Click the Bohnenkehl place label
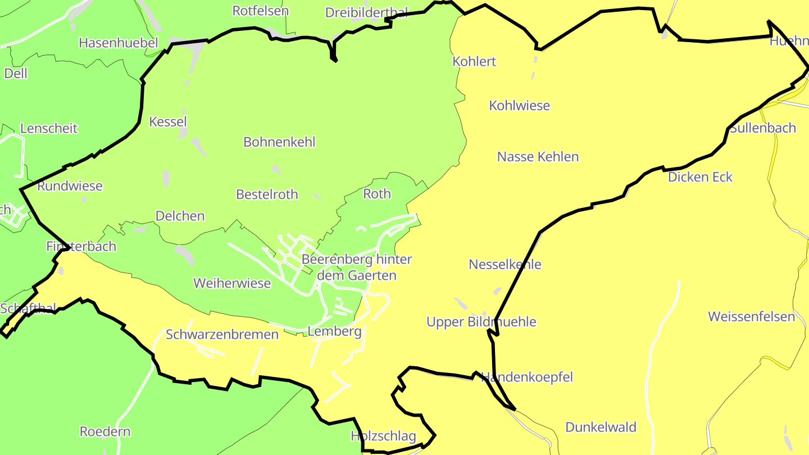coord(279,142)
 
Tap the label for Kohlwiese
coord(519,106)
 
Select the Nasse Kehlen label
coord(538,157)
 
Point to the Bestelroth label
coord(267,194)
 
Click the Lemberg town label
coord(334,331)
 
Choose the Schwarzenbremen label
coord(222,335)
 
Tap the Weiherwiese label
coord(232,283)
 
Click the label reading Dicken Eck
coord(700,178)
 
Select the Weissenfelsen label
coord(751,316)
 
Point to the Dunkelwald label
coord(601,427)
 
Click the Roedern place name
coord(105,431)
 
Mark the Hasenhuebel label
coord(119,43)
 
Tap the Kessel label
coord(168,121)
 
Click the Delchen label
coord(180,216)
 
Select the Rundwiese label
coord(70,186)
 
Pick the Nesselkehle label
coord(505,264)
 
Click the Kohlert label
coord(474,61)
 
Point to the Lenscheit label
coord(49,128)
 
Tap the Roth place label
coord(376,194)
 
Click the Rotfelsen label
coord(260,11)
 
